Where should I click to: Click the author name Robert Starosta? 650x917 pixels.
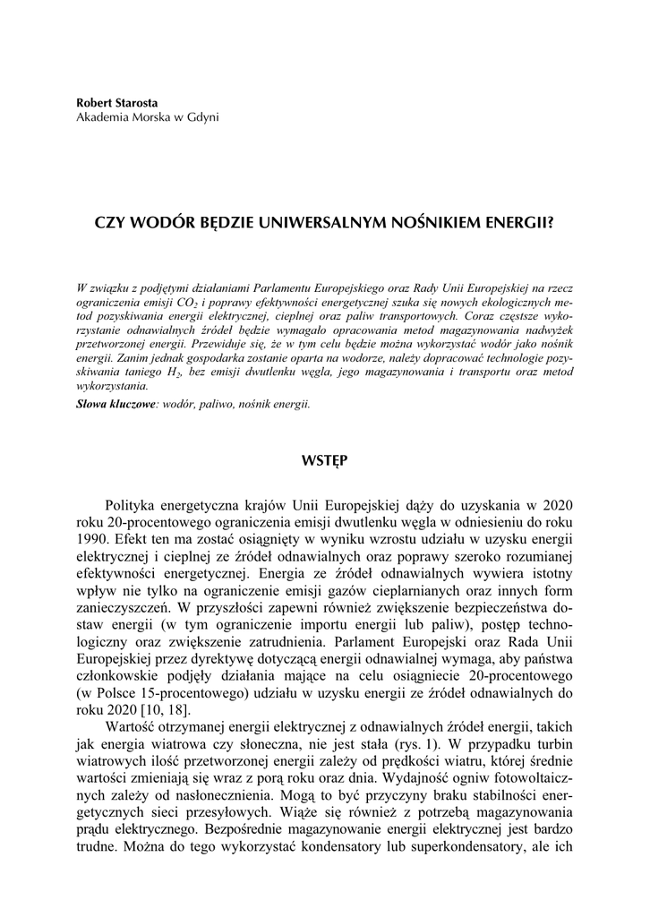point(117,103)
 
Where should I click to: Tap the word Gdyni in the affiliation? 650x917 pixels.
point(201,117)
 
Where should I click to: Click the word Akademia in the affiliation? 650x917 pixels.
point(101,117)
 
